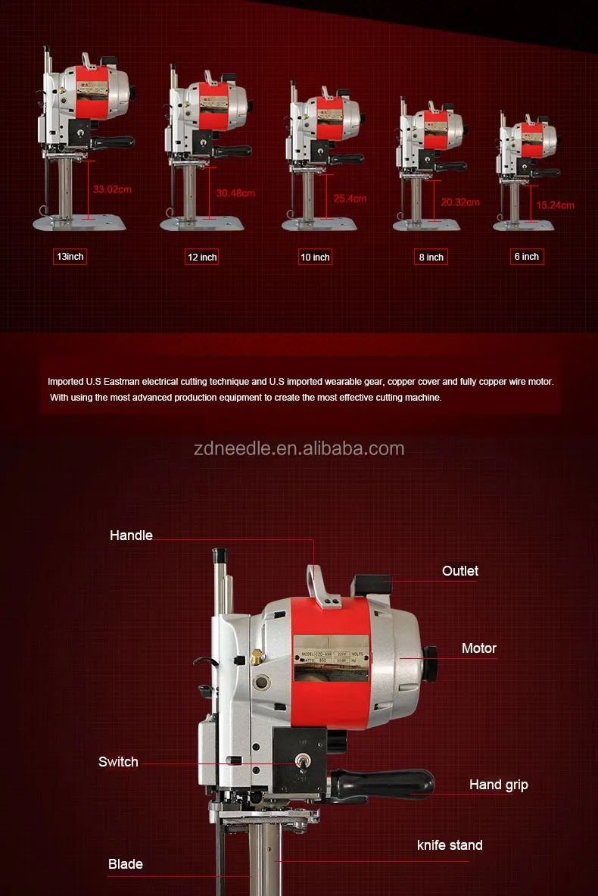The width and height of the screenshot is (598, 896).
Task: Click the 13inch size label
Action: coord(70,257)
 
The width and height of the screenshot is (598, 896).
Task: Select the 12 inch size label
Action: coord(202,258)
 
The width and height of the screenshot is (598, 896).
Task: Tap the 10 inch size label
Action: coord(315,258)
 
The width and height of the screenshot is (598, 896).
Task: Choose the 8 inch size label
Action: coord(431,258)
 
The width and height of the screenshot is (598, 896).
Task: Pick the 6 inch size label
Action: coord(527,257)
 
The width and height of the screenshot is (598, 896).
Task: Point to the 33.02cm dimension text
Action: coord(112,189)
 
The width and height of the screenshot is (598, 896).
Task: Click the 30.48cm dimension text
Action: coord(235,193)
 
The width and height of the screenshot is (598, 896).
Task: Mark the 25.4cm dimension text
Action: coord(350,198)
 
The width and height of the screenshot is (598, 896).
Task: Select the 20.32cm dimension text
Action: coord(460,202)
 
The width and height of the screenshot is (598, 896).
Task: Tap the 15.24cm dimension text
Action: coord(555,205)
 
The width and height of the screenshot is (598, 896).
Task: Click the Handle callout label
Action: coord(131,535)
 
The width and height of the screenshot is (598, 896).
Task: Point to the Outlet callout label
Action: coord(460,571)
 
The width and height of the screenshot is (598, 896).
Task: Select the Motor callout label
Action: coord(479,648)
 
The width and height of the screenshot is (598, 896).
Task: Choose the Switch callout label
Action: coord(118,762)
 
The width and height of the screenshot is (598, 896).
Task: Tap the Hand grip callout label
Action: coord(498,785)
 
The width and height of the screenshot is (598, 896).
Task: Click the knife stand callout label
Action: coord(450,844)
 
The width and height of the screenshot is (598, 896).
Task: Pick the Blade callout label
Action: coord(125,864)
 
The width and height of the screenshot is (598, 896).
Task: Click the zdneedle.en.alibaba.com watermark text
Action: coord(299,448)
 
